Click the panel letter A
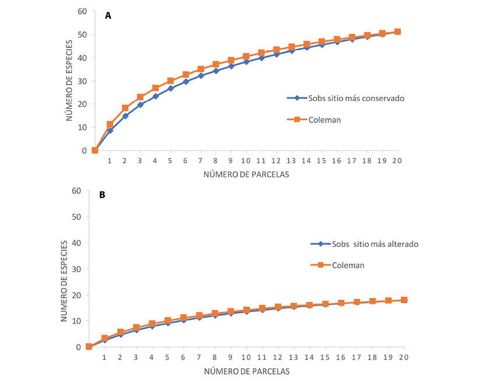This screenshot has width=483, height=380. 108,16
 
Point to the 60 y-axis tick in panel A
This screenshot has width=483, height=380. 82,11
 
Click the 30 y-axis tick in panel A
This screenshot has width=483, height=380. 82,81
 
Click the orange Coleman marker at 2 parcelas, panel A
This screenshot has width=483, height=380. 125,108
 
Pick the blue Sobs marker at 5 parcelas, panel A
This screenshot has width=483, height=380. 170,88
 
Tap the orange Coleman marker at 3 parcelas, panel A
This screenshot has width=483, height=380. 140,97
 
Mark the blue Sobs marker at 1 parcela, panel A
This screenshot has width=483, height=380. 110,130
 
